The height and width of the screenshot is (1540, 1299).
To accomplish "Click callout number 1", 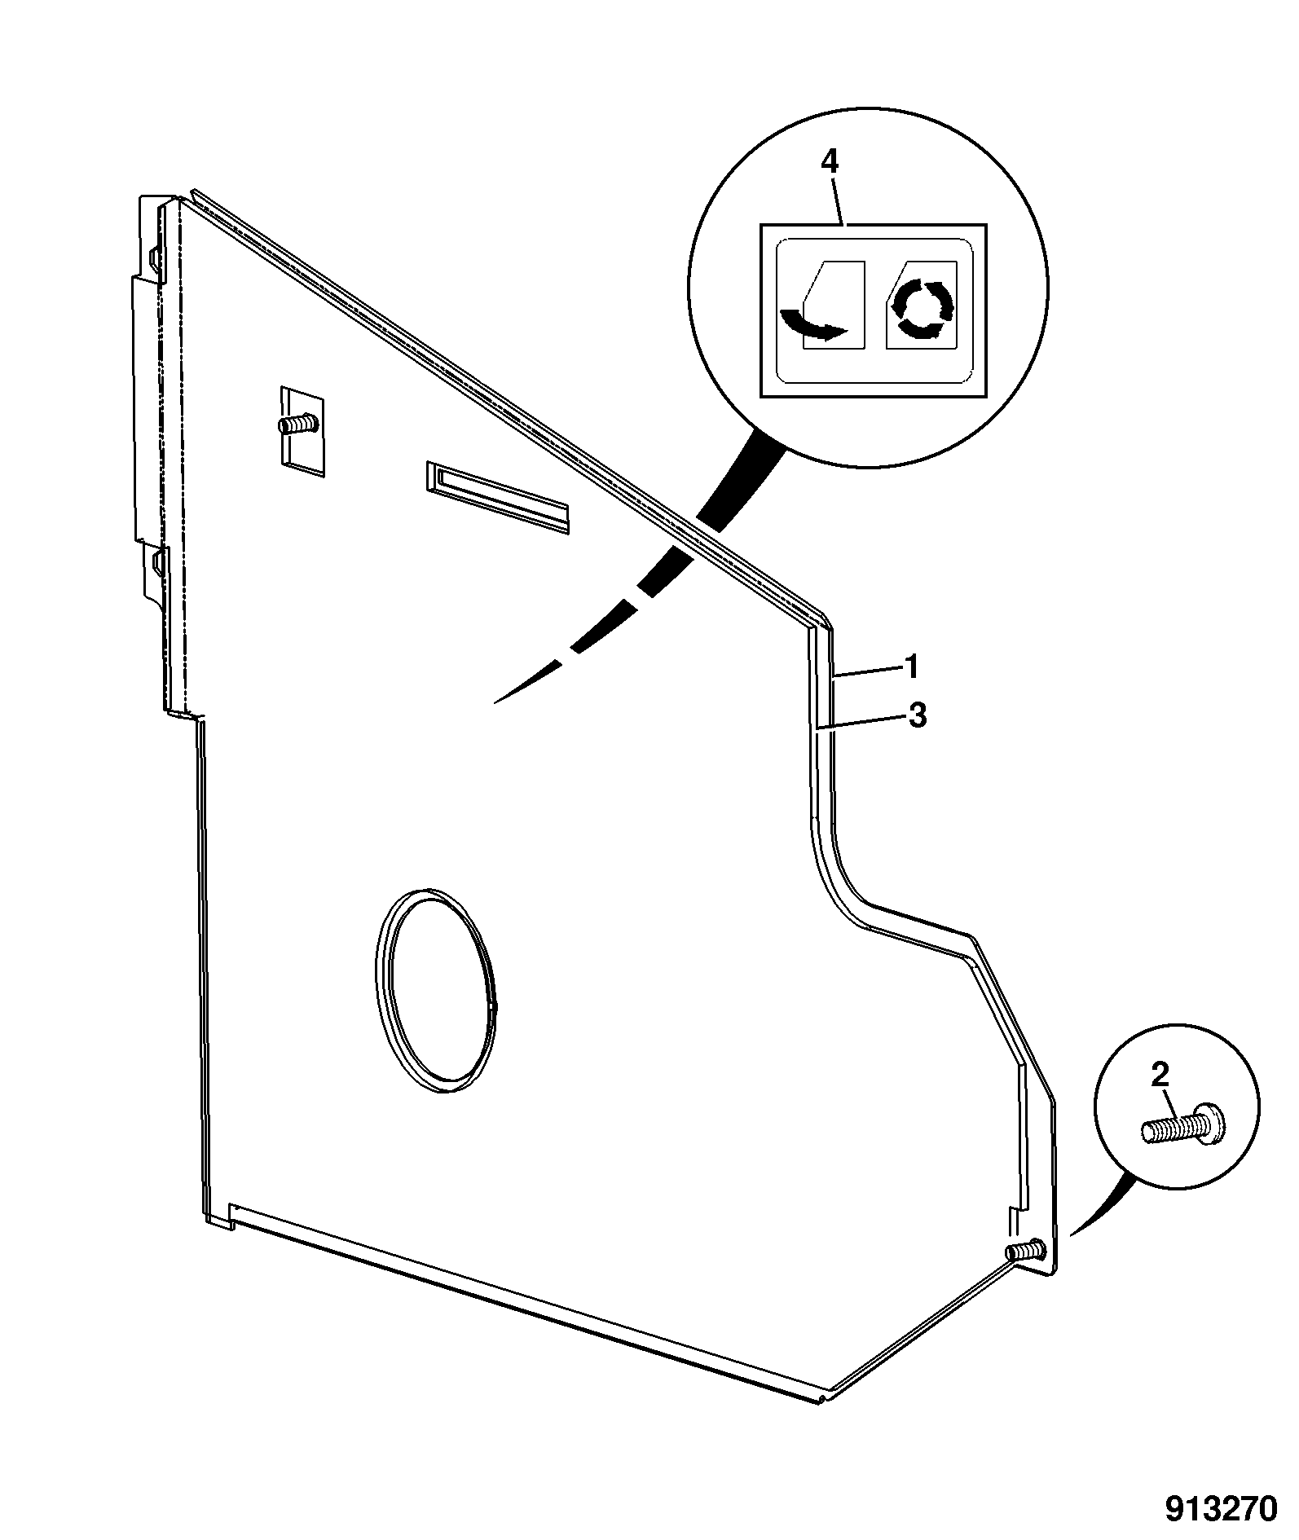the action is [x=913, y=667].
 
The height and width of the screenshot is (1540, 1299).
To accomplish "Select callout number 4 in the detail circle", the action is [x=829, y=161].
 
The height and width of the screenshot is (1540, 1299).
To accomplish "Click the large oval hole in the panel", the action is [x=435, y=990].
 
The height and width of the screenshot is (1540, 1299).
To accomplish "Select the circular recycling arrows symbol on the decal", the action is [x=922, y=308].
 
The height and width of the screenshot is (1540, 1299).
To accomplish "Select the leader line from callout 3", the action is [x=862, y=722].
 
